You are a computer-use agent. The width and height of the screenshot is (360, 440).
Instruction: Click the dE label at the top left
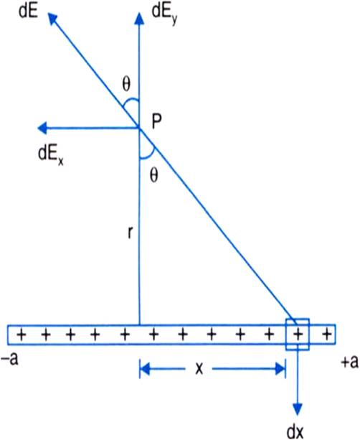[x=28, y=11]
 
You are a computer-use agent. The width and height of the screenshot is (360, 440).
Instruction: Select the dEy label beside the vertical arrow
[x=164, y=14]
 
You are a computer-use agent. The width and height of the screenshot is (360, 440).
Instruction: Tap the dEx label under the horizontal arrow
[x=51, y=155]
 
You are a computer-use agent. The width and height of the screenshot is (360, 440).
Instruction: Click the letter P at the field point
[x=157, y=122]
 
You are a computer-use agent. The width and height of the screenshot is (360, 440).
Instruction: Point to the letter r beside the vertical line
[x=130, y=233]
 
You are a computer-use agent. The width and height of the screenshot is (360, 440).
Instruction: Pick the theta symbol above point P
[x=126, y=84]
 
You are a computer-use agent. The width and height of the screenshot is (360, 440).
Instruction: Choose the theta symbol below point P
[x=154, y=175]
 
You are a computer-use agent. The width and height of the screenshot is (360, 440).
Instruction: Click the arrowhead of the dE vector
[x=52, y=18]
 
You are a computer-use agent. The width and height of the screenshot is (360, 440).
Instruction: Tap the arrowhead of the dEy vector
[x=139, y=19]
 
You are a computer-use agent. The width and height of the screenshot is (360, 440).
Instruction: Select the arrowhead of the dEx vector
[x=42, y=128]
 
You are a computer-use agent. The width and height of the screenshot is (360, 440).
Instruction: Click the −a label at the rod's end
[x=9, y=360]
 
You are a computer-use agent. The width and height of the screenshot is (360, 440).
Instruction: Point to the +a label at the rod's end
[x=349, y=362]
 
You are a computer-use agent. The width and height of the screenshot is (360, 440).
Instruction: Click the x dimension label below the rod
[x=199, y=369]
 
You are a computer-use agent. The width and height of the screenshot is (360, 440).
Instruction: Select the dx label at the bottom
[x=295, y=431]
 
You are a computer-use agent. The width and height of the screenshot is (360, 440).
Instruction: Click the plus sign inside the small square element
[x=298, y=334]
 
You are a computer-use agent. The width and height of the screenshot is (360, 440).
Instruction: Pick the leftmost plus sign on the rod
[x=22, y=334]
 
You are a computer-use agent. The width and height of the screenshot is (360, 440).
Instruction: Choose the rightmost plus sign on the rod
[x=326, y=334]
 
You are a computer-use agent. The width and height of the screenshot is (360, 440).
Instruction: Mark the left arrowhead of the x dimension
[x=145, y=369]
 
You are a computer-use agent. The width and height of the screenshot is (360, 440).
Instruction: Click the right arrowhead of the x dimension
[x=280, y=369]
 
